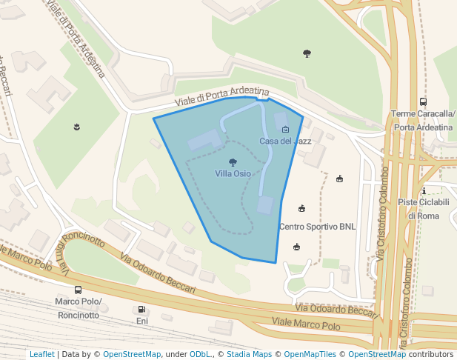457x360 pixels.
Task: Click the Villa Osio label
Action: pos(233,173)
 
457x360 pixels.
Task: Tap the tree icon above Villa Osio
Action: pos(233,162)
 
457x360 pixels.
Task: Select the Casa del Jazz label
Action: pos(285,141)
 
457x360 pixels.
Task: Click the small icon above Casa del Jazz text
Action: pos(286,130)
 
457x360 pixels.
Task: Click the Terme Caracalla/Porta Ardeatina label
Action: pos(423,120)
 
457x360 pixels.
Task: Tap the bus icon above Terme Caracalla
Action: pos(423,102)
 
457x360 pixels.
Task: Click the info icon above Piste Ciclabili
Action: pos(422,190)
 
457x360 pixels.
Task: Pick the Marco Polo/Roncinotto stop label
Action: pos(77,308)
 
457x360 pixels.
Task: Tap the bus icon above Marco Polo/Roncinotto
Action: pos(78,290)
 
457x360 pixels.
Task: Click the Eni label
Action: pos(141,321)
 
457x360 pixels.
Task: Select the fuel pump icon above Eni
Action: pos(141,309)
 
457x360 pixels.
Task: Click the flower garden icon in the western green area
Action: pos(76,127)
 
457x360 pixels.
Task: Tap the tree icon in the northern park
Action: pos(307,53)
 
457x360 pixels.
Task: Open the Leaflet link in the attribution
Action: pos(42,354)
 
